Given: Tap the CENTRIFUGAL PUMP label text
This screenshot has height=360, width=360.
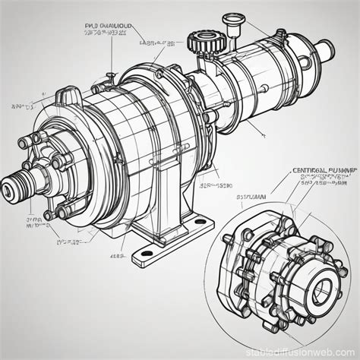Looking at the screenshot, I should (324, 171).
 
